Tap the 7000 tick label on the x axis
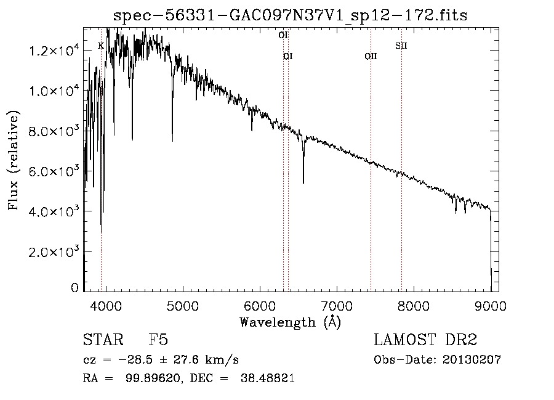(337, 304)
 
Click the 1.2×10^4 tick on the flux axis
(55, 51)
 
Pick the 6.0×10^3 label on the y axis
(55, 171)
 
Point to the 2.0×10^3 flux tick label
(55, 251)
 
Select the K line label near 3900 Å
(100, 46)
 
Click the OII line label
(371, 57)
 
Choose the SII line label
(401, 46)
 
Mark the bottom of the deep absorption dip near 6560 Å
(303, 183)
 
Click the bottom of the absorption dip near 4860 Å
(172, 141)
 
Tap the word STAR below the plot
(102, 340)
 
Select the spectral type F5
(158, 340)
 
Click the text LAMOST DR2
(425, 340)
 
